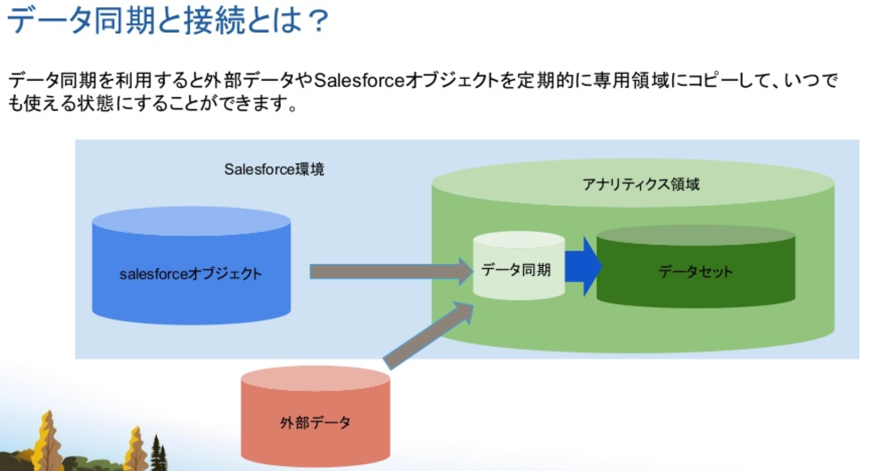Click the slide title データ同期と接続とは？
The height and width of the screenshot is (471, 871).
pyautogui.click(x=167, y=20)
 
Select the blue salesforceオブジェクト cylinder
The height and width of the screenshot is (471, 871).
pyautogui.click(x=191, y=290)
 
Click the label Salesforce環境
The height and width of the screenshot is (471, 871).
pyautogui.click(x=274, y=169)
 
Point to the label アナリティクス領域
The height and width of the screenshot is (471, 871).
pyautogui.click(x=641, y=184)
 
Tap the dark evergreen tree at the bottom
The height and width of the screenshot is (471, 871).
pyautogui.click(x=158, y=454)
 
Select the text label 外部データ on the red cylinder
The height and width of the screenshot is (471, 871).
pyautogui.click(x=315, y=423)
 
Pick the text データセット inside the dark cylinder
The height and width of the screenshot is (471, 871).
pyautogui.click(x=696, y=272)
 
